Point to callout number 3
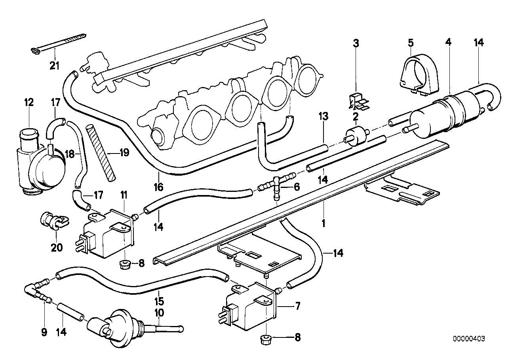[x=356, y=43]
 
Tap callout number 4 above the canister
[x=448, y=42]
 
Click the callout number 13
[x=323, y=116]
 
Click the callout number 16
[x=158, y=187]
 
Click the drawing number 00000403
[x=469, y=339]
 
